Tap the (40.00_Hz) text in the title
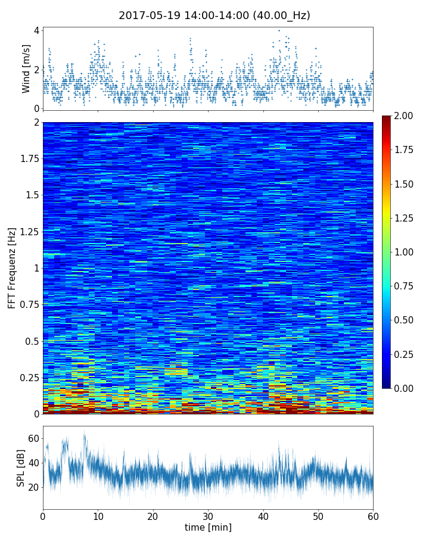tap(279, 15)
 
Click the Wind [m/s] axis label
tap(26, 68)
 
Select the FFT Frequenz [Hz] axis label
tap(12, 268)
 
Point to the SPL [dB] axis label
tap(21, 468)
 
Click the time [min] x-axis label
tap(208, 527)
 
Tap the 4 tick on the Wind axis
tap(36, 30)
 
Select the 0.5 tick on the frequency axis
tap(32, 341)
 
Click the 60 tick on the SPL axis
tap(33, 438)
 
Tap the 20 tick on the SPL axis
tap(33, 487)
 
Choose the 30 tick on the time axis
tap(208, 515)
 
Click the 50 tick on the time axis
tap(318, 515)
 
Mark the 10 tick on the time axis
tap(98, 515)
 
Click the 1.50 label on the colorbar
tap(407, 184)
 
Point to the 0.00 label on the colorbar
tap(407, 388)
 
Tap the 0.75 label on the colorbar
tap(407, 286)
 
